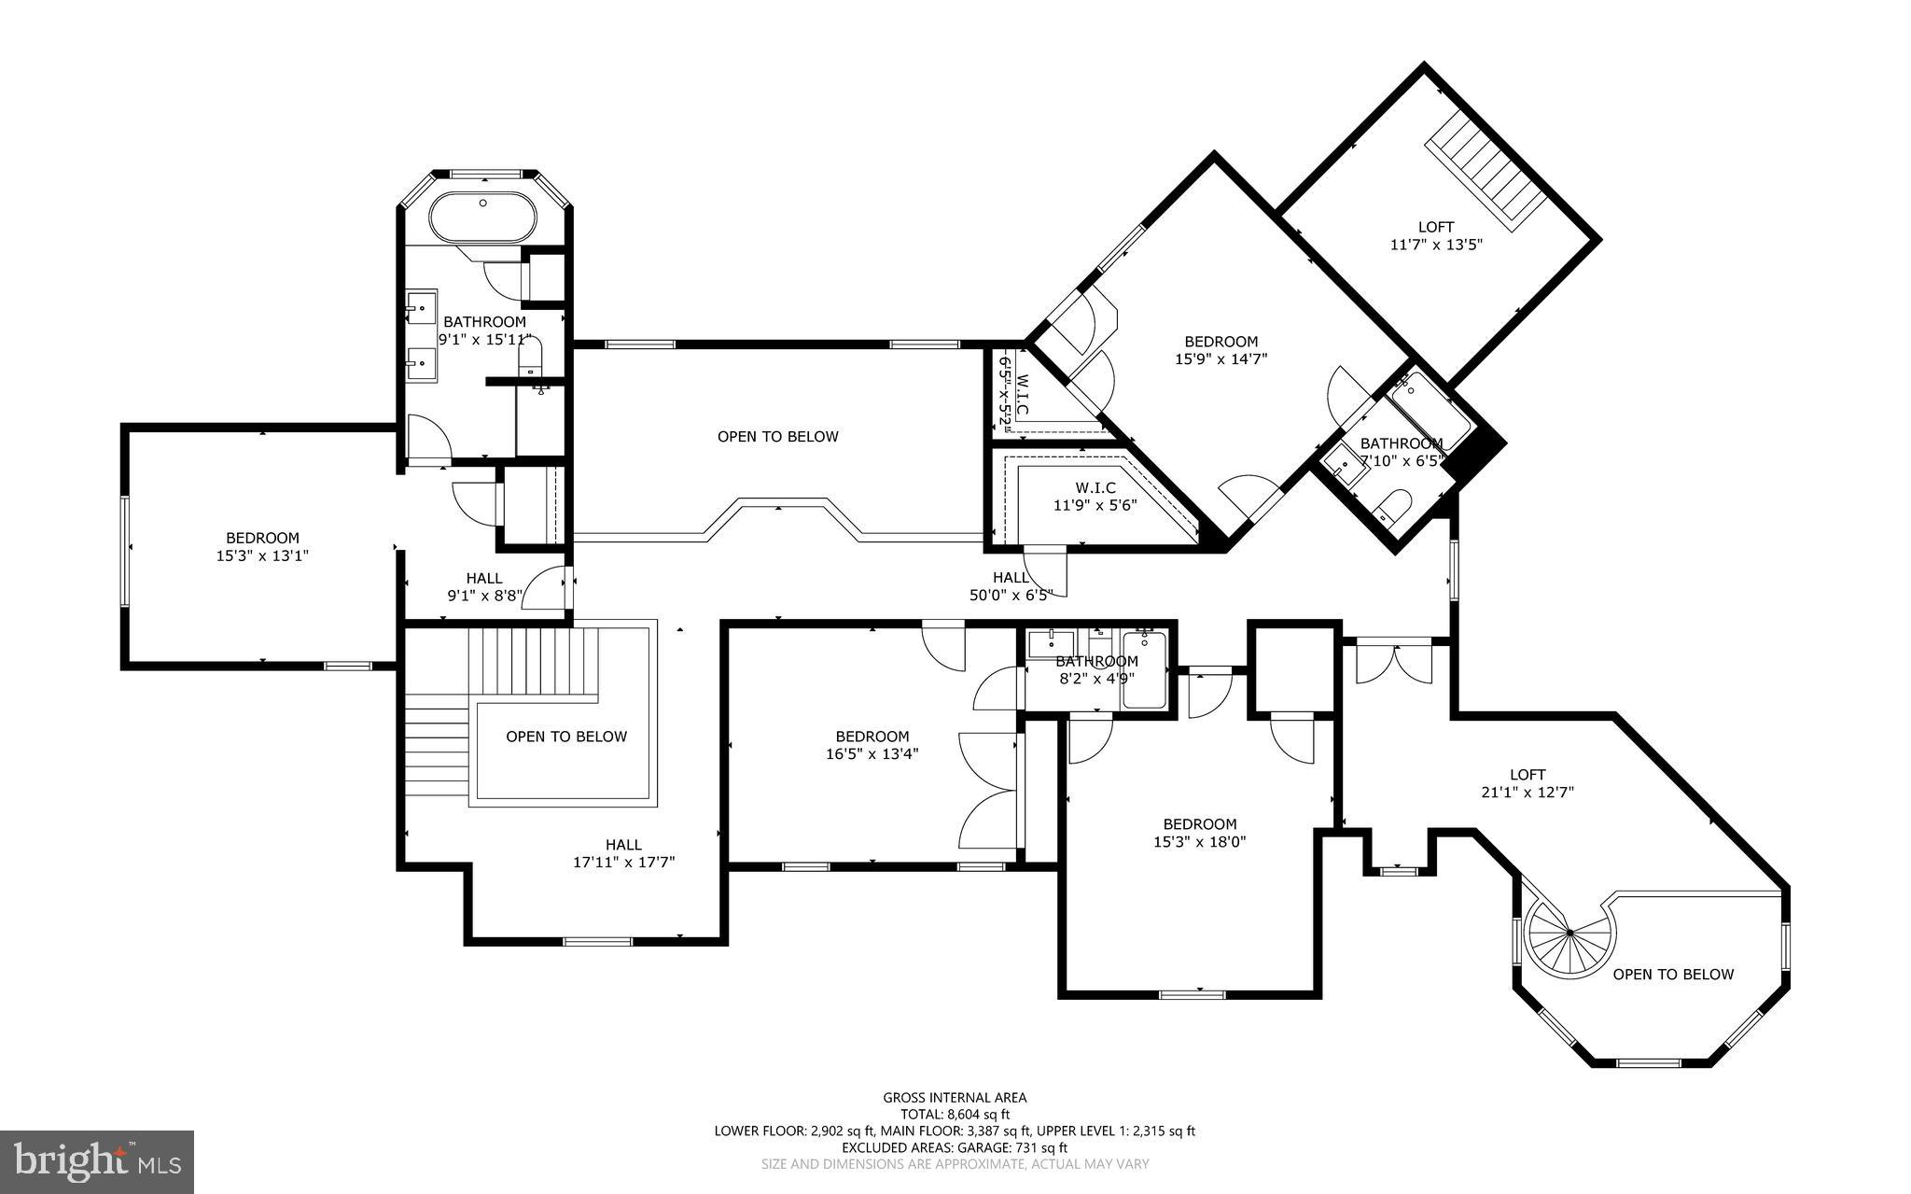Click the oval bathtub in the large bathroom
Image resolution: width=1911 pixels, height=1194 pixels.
[482, 218]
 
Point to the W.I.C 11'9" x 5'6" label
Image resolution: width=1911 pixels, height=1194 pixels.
[1095, 497]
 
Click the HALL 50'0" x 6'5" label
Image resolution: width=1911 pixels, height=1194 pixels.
[1011, 585]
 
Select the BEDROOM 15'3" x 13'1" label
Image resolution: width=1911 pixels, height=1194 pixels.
[262, 546]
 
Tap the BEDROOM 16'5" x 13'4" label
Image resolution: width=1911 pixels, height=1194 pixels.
[872, 745]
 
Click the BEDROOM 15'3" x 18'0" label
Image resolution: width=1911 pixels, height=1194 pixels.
[1199, 833]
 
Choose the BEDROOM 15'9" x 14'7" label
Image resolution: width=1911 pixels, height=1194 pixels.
[1221, 349]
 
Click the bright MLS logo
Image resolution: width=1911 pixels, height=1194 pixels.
[97, 1161]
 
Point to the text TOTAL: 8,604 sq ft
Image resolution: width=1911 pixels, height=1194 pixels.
[955, 1114]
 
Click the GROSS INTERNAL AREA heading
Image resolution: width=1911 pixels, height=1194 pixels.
[955, 1098]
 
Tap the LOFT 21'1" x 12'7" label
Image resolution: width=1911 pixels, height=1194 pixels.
[1527, 783]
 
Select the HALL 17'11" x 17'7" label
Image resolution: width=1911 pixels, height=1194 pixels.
[623, 853]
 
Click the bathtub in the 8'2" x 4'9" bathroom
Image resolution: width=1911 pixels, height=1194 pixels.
[1143, 670]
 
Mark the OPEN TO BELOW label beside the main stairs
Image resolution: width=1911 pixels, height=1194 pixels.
[566, 737]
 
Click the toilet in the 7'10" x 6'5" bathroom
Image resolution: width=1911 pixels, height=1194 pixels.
[1391, 508]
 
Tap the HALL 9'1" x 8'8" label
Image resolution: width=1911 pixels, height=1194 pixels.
[483, 586]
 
